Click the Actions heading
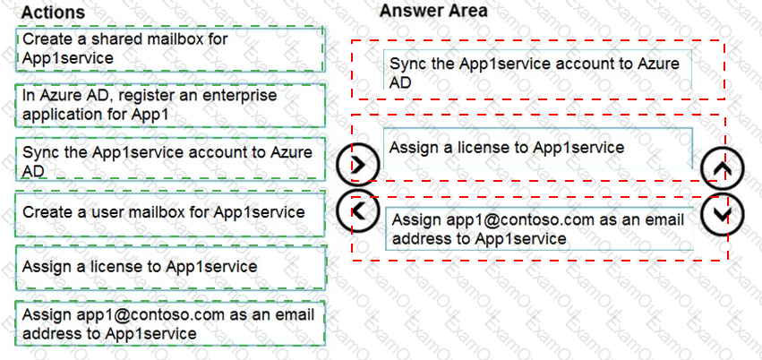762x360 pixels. point(53,12)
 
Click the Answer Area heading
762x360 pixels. point(433,10)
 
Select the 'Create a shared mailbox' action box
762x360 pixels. point(170,49)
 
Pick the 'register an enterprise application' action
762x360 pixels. point(170,105)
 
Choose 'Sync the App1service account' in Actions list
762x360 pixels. point(170,159)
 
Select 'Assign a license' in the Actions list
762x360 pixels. point(170,267)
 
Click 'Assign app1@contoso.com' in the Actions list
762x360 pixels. point(170,323)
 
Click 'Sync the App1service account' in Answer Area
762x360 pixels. point(537,70)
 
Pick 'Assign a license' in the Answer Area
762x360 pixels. point(537,148)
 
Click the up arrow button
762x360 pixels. point(723,168)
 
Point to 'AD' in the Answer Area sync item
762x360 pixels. point(400,82)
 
